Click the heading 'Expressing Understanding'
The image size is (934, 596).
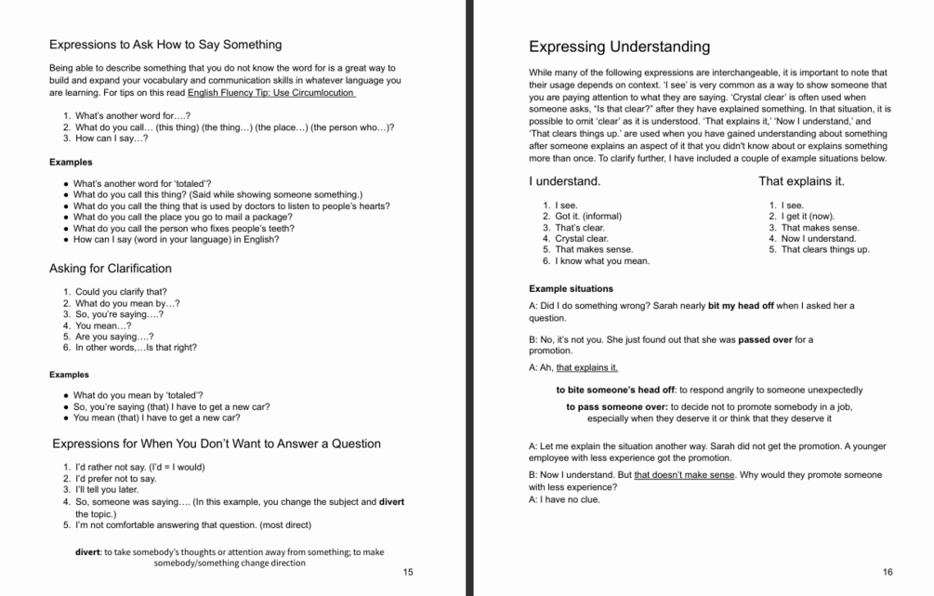(619, 46)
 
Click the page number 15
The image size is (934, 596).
(408, 572)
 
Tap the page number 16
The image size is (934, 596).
(888, 572)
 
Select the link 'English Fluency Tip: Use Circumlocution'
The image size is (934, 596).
(270, 93)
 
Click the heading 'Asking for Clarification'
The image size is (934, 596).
(110, 269)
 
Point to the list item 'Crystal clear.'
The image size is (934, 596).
(582, 238)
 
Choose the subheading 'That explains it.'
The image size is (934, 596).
(801, 181)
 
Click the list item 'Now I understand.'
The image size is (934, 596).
(819, 238)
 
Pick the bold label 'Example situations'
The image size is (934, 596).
(571, 289)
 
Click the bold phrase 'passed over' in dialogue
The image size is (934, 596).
(765, 340)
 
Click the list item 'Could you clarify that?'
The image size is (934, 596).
(121, 292)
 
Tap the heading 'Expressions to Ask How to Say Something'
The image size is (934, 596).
(165, 45)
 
